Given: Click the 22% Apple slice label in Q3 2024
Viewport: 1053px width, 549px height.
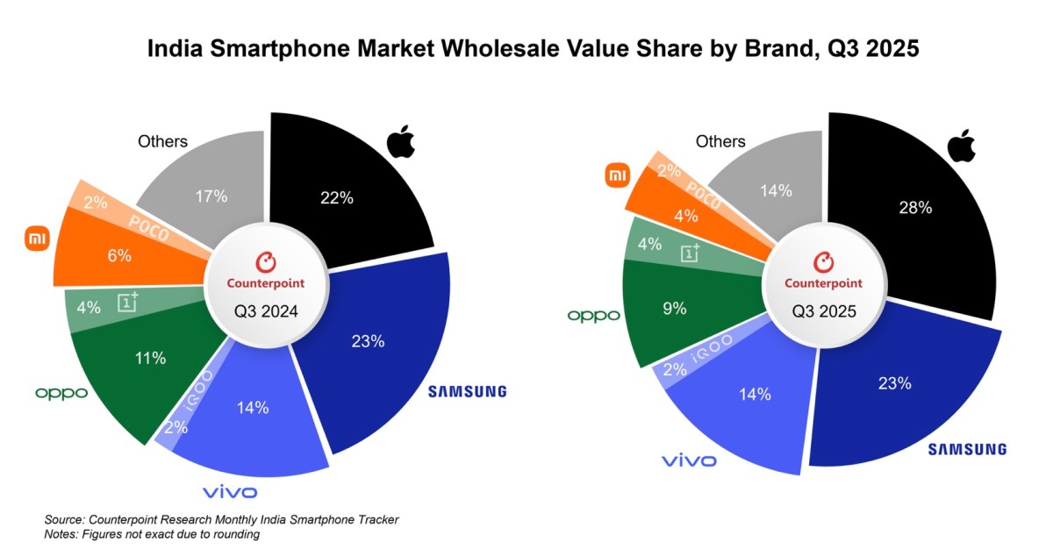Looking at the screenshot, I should click(x=336, y=198).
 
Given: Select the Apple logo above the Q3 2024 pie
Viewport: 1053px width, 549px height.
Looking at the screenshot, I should click(x=400, y=141).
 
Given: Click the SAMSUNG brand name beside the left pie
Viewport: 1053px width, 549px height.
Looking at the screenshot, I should click(x=467, y=391).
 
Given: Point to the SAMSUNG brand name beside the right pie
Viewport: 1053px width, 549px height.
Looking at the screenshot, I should click(x=967, y=449).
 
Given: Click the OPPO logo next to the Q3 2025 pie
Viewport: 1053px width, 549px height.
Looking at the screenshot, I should click(x=593, y=315).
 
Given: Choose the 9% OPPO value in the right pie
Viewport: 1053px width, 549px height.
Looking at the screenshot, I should click(x=675, y=309).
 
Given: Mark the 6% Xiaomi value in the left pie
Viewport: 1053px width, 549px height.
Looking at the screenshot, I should click(x=119, y=256).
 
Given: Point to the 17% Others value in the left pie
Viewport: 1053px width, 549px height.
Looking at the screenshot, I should click(x=211, y=196).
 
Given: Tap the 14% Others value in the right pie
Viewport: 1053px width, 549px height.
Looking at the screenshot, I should click(x=776, y=190).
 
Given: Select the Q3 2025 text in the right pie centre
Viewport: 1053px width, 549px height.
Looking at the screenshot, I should click(x=823, y=310).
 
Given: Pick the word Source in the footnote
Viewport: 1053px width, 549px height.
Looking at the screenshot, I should click(x=64, y=520).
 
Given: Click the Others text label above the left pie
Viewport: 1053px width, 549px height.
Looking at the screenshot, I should click(x=163, y=141).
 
